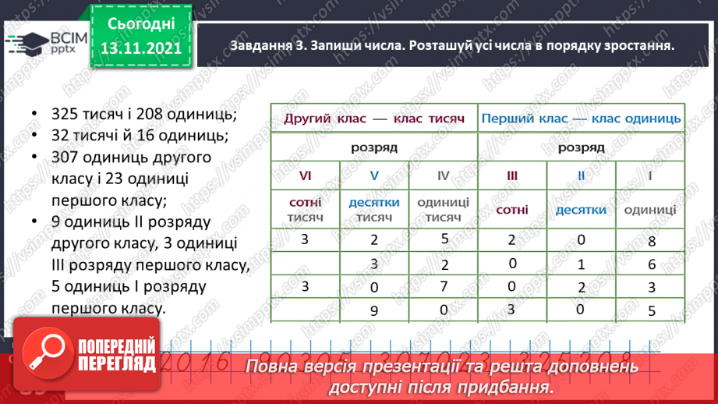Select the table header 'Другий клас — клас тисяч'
[x=373, y=119]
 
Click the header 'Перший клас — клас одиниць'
[x=581, y=119]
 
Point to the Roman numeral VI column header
[x=305, y=175]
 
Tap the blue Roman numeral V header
[x=374, y=175]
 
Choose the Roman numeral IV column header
[x=443, y=175]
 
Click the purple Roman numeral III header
[x=511, y=175]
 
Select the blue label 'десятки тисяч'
[x=374, y=209]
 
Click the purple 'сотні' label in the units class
[x=511, y=209]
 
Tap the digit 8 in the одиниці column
[x=652, y=241]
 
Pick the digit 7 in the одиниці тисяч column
[x=443, y=286]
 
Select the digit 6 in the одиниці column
[x=652, y=265]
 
